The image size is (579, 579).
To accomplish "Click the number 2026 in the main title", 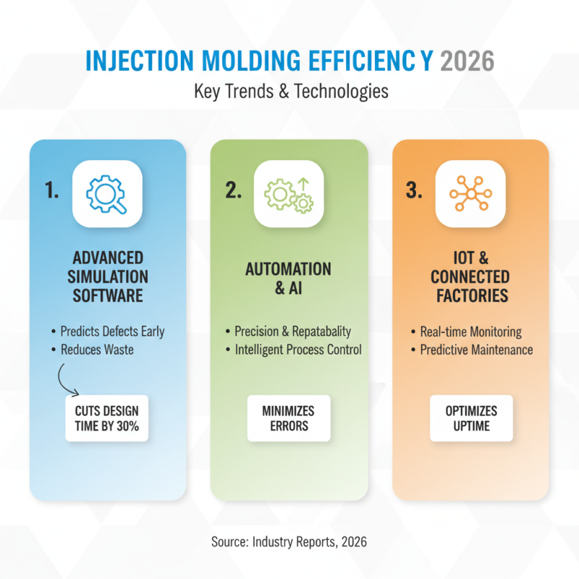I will [467, 61].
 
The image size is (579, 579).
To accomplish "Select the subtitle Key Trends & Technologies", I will [290, 93].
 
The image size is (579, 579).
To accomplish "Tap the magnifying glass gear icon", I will [107, 193].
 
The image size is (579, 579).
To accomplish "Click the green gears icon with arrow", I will [289, 193].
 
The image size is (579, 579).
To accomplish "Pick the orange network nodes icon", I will [470, 193].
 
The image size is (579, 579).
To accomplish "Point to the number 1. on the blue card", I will [53, 191].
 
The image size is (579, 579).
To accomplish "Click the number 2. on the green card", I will [234, 191].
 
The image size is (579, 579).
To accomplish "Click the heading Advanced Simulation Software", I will [108, 276].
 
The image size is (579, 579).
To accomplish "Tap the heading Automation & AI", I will [289, 278].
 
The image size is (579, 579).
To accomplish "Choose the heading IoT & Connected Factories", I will [470, 276].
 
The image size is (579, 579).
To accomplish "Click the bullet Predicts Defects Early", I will [111, 331].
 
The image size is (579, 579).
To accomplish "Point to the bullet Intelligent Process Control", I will [297, 350].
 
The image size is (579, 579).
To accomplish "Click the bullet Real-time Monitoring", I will [471, 331].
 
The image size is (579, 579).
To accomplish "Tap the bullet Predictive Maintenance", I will [476, 350].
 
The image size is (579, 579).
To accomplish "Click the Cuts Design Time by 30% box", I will [107, 418].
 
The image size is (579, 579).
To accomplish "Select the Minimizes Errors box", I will [289, 418].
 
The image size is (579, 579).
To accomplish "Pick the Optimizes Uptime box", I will [471, 418].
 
